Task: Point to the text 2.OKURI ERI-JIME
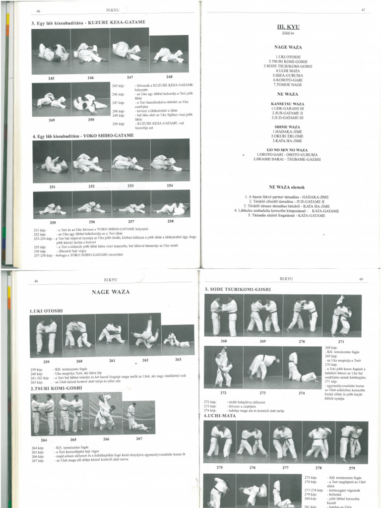pos(287,136)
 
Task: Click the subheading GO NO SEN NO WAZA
pos(287,150)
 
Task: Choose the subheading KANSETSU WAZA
pos(287,104)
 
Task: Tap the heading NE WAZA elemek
pos(287,187)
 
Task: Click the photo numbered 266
pos(106,412)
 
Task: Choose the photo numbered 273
pos(262,367)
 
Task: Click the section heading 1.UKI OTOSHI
pos(47,311)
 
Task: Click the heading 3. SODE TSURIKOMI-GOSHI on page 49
pos(238,289)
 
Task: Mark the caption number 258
pos(170,221)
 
